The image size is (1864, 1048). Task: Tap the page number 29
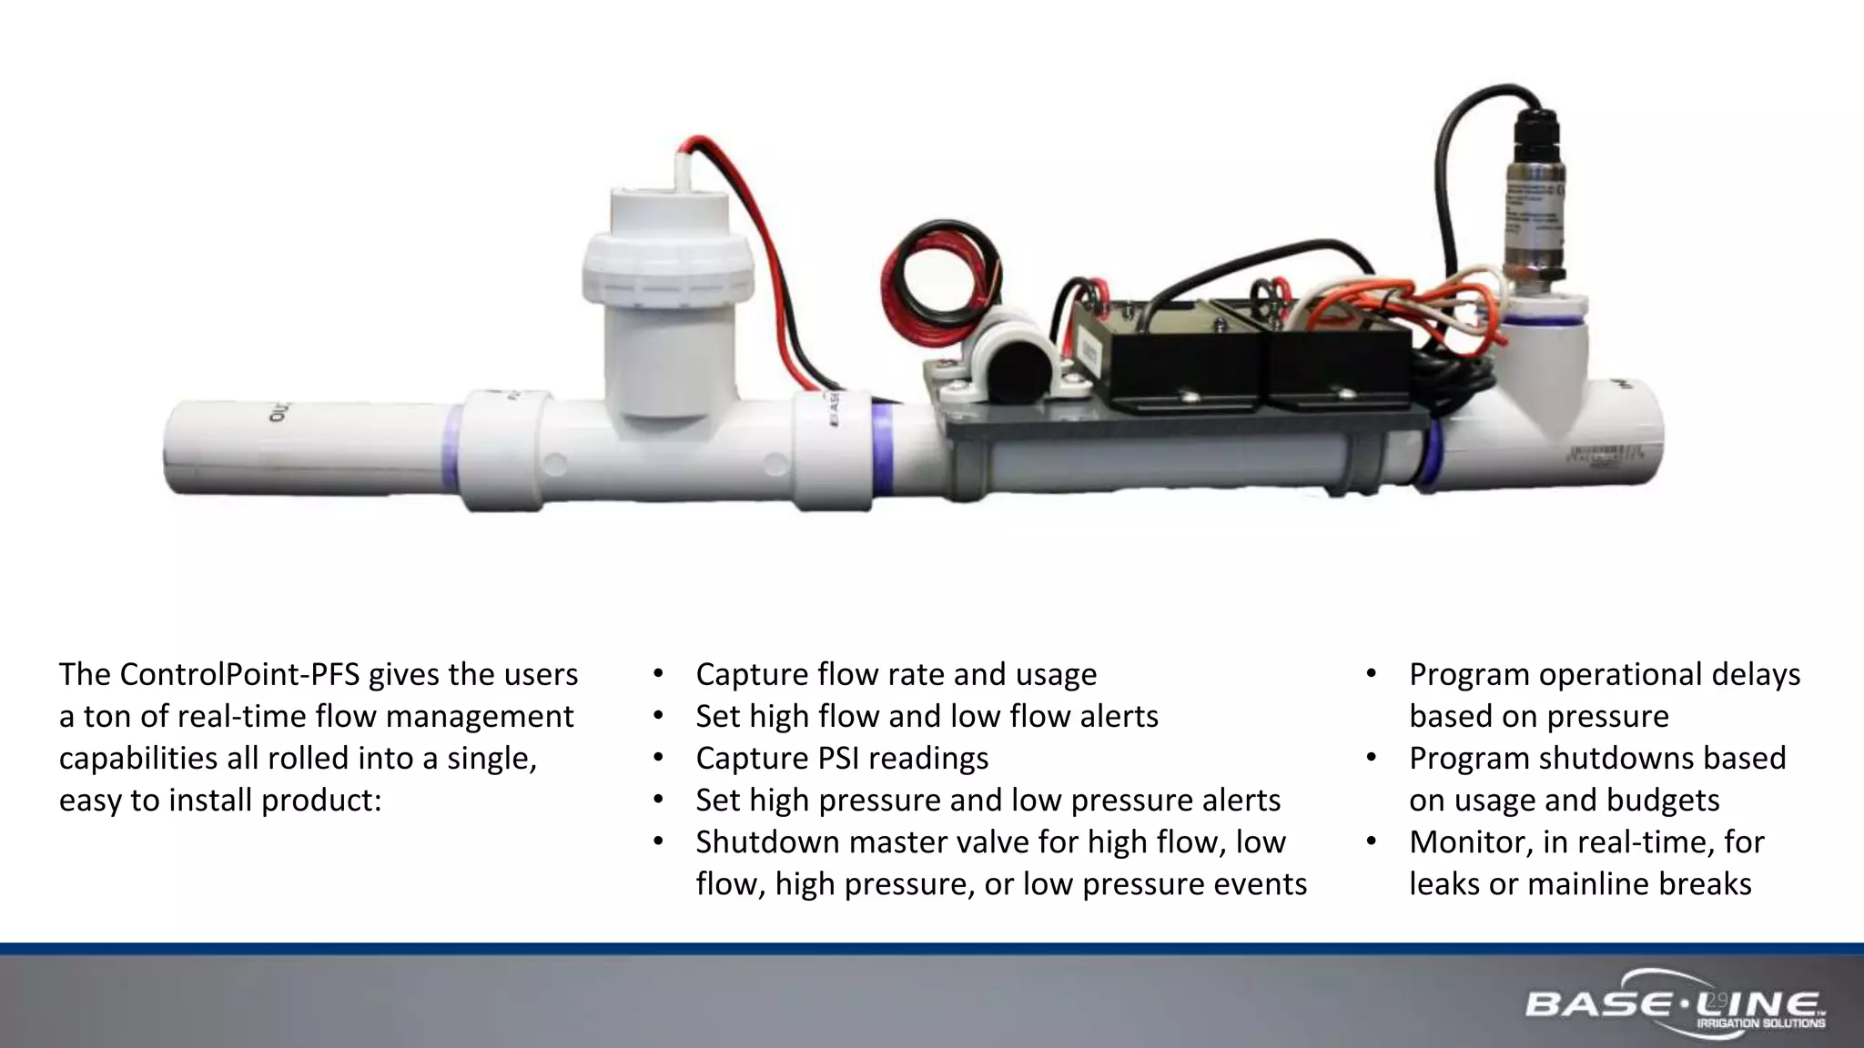(1717, 1001)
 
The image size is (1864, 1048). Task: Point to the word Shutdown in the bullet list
(767, 841)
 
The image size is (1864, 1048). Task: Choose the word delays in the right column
(1756, 674)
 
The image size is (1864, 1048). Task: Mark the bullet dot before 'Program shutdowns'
(1372, 758)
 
